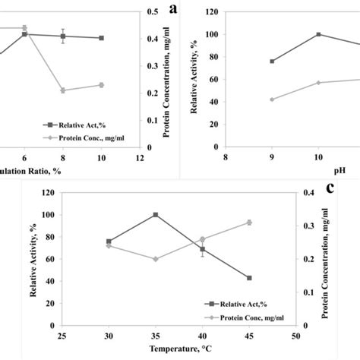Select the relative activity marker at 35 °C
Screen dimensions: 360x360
pyautogui.click(x=156, y=215)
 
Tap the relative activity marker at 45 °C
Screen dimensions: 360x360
pyautogui.click(x=249, y=278)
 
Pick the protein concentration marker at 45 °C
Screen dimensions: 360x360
pyautogui.click(x=249, y=223)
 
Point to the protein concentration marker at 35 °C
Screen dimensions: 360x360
pyautogui.click(x=156, y=259)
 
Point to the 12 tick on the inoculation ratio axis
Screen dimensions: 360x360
pyautogui.click(x=140, y=158)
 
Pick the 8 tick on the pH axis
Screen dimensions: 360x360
pyautogui.click(x=226, y=158)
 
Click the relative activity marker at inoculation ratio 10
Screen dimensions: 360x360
pyautogui.click(x=101, y=38)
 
